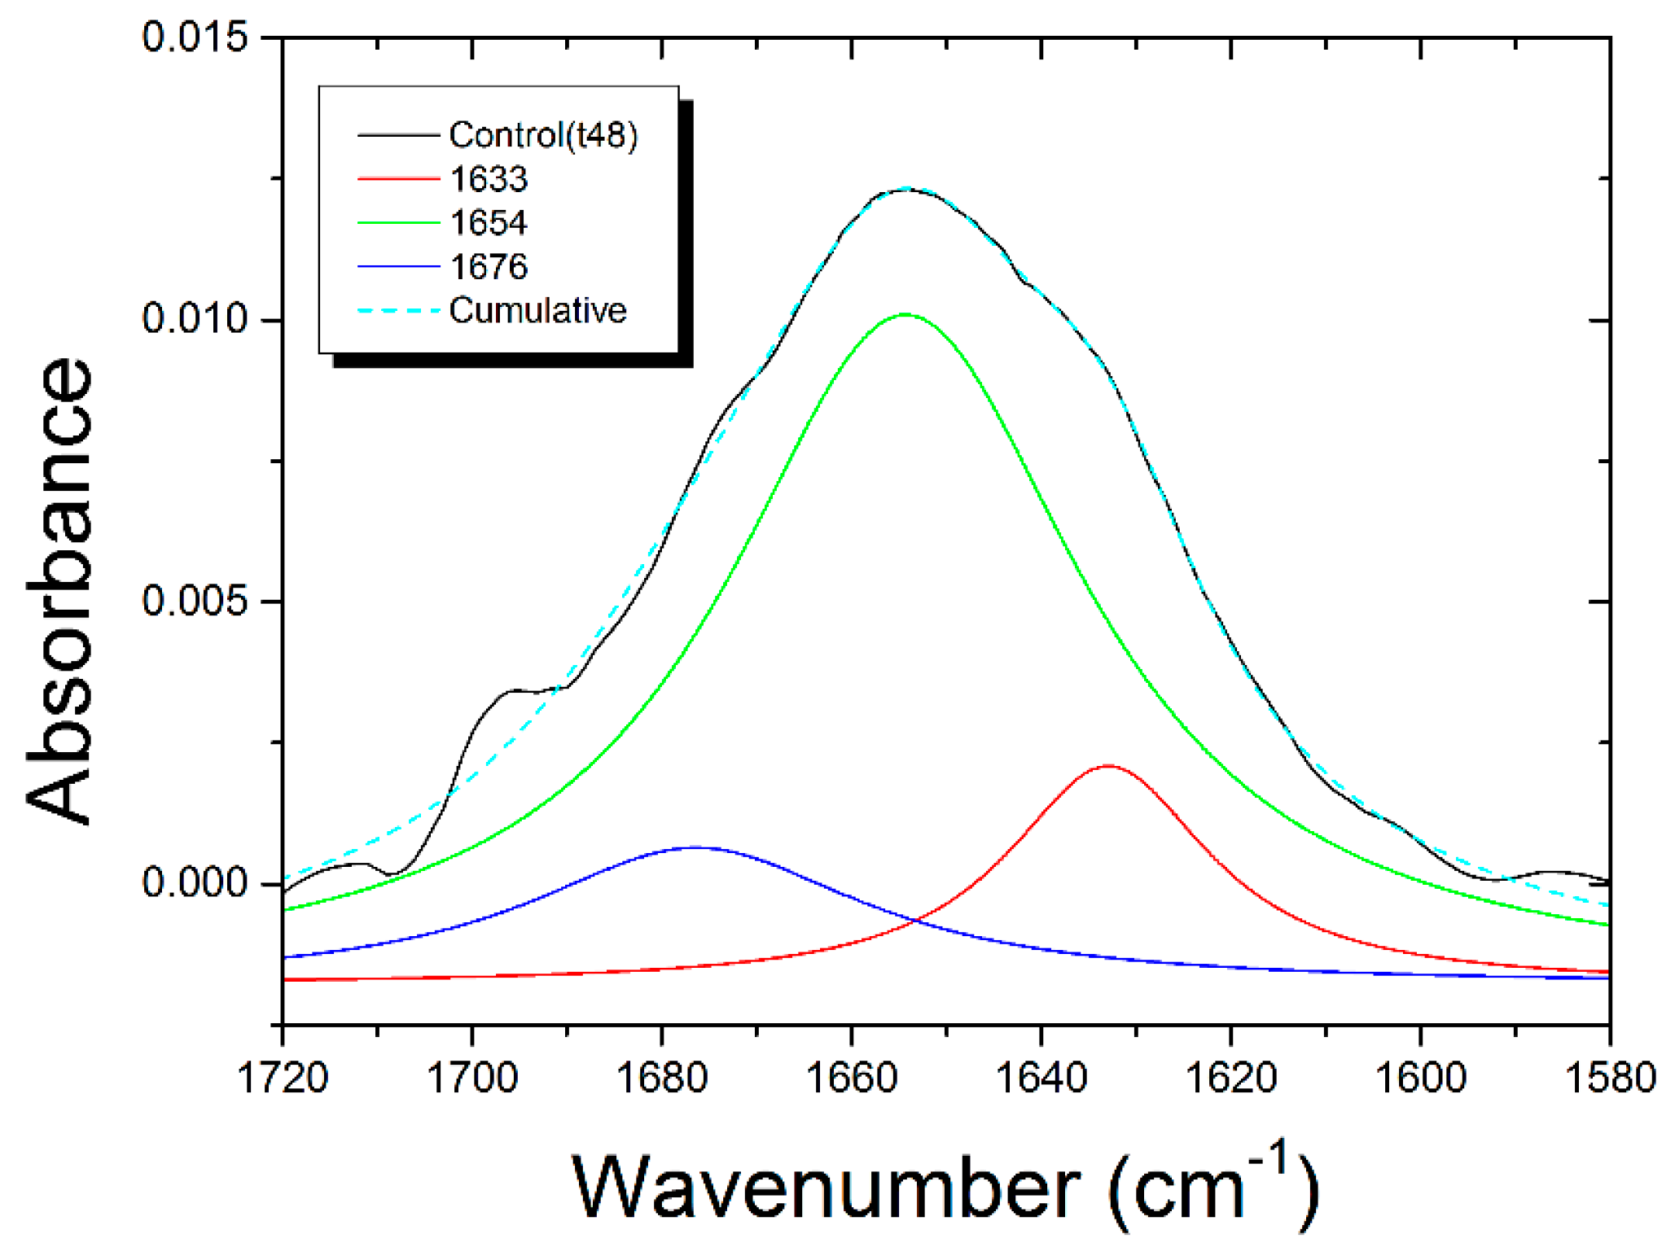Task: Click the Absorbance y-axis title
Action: pyautogui.click(x=59, y=590)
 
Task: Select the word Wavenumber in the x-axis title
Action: pyautogui.click(x=827, y=1189)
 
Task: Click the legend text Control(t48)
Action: pyautogui.click(x=543, y=135)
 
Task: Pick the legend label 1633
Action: pyautogui.click(x=489, y=179)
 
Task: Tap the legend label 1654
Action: pyautogui.click(x=489, y=223)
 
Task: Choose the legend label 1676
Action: pyautogui.click(x=489, y=267)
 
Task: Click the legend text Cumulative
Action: pyautogui.click(x=537, y=311)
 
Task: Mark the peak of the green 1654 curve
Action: pyautogui.click(x=905, y=314)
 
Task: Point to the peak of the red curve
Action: pyautogui.click(x=1107, y=766)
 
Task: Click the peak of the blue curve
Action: pyautogui.click(x=695, y=847)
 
